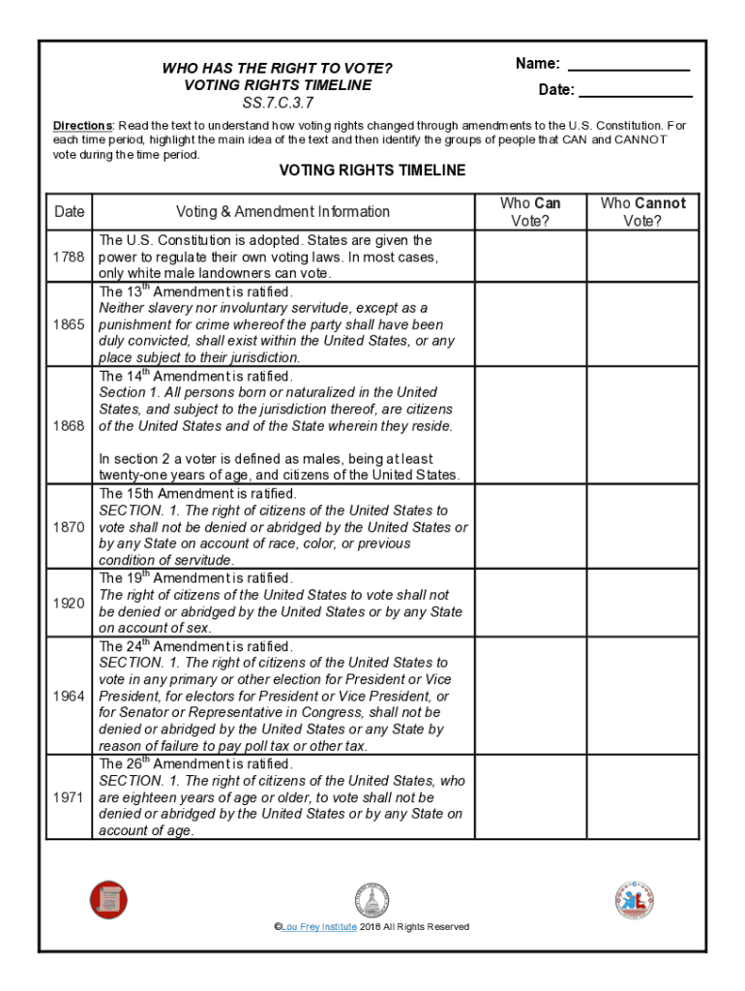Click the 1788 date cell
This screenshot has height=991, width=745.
coord(69,256)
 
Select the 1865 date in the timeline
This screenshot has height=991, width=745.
coord(69,324)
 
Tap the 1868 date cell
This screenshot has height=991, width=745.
coord(69,426)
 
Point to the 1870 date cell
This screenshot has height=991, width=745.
coord(69,527)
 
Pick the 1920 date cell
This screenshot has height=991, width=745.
coord(69,603)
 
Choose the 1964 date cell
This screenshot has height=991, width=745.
coord(69,697)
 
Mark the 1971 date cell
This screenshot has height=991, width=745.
coord(69,797)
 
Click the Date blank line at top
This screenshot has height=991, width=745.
coord(636,92)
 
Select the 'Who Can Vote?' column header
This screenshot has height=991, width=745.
coord(529,212)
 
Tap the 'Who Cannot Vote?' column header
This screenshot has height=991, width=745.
coord(642,212)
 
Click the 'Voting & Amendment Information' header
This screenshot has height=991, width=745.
coord(283,212)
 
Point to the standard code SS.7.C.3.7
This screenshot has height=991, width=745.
coord(278,103)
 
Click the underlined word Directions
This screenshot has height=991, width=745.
coord(83,126)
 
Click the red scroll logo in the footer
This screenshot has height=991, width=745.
coord(108,899)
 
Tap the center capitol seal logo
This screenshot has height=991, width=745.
coord(372,901)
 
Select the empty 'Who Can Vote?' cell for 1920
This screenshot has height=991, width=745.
coord(529,603)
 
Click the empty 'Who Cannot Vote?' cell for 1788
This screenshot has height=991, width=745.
coord(642,256)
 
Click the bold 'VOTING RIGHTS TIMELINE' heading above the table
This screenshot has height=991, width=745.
coord(372,170)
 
